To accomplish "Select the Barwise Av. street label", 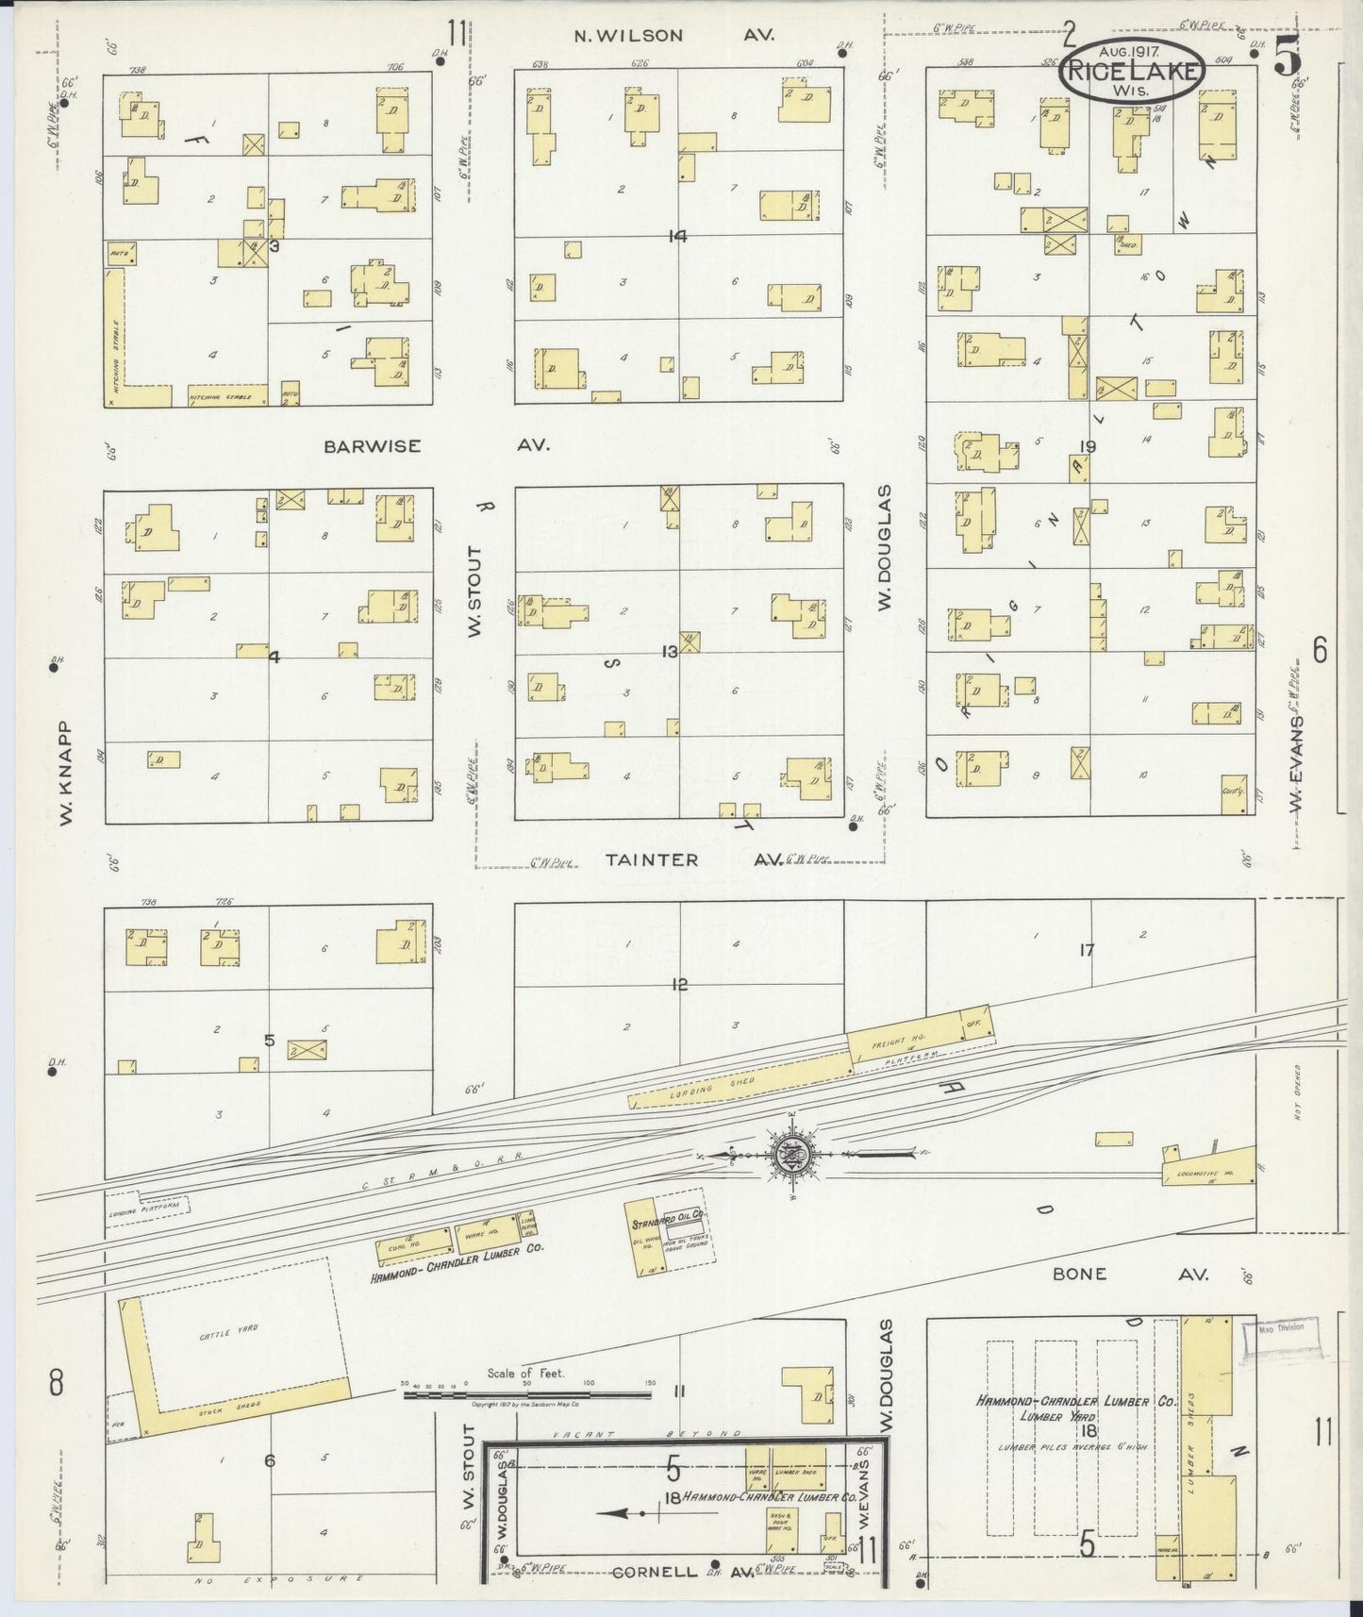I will click(x=436, y=446).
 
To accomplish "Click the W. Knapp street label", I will click(x=66, y=774).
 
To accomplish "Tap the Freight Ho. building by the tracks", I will click(x=902, y=1042).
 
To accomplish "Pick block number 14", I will click(x=676, y=236).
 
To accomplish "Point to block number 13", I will click(x=670, y=652).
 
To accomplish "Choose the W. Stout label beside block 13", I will click(x=474, y=592).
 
